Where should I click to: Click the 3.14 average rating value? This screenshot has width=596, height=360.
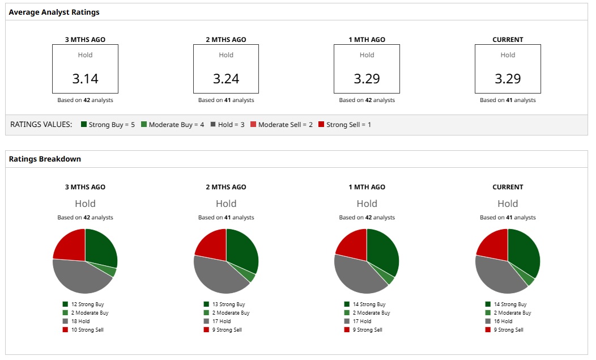point(85,79)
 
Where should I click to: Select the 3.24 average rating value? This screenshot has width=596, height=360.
point(226,79)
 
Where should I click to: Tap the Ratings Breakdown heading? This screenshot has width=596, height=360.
point(45,159)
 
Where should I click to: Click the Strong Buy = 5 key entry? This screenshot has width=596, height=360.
point(108,125)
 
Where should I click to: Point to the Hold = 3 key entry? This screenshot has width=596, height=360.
point(227,125)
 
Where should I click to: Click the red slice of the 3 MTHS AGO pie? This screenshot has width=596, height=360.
point(69,244)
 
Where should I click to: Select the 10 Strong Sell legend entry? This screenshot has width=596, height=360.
point(83,330)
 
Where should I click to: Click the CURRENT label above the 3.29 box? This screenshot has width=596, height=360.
point(508,40)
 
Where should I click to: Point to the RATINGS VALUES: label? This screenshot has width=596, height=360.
point(41,125)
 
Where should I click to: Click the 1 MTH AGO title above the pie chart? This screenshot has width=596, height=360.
point(367,187)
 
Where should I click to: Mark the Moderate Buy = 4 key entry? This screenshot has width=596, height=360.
point(172,125)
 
